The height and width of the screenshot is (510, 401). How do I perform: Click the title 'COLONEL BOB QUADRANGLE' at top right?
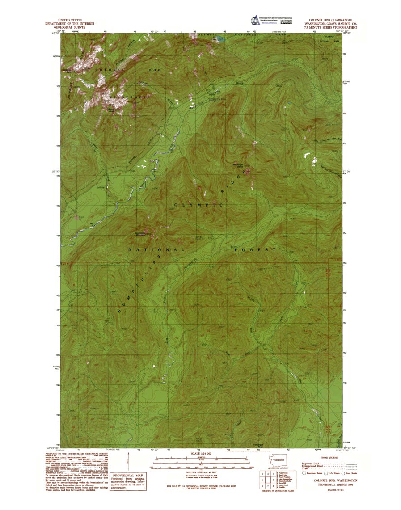[x=330, y=21]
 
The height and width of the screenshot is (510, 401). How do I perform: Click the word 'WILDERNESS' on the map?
[x=133, y=97]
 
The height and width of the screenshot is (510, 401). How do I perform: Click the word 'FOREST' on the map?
[x=255, y=249]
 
